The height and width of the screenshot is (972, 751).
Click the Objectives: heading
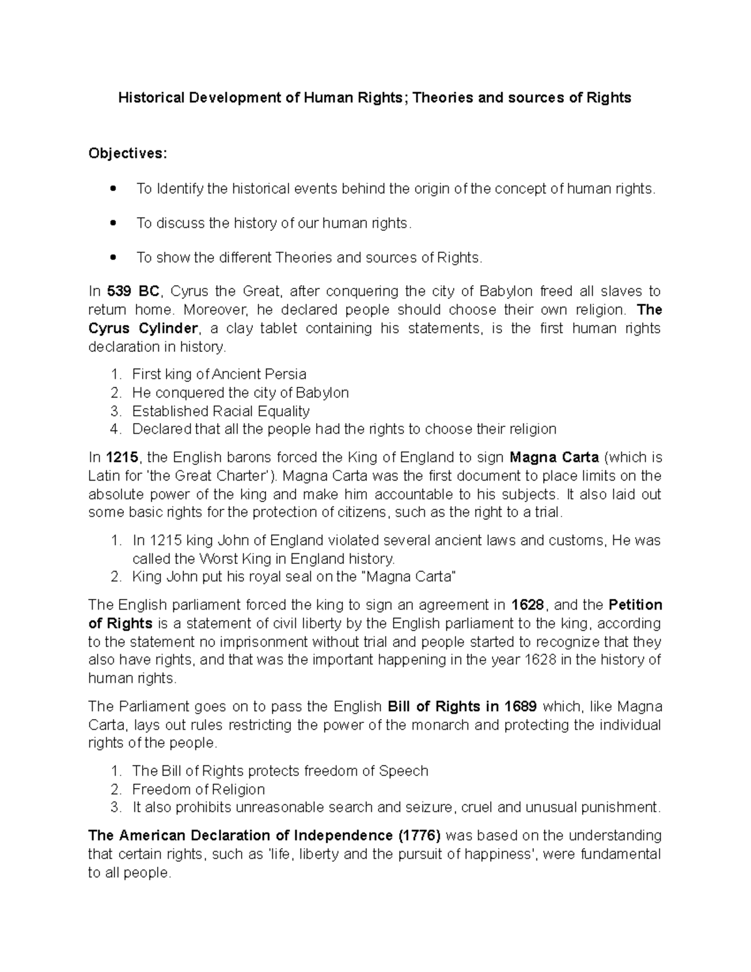128,153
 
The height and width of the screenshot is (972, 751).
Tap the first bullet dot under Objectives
113,188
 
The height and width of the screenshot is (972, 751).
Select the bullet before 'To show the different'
113,257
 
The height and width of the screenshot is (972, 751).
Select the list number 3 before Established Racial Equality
115,411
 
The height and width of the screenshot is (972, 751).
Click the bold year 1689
514,707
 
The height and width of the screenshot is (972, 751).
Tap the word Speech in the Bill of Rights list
404,771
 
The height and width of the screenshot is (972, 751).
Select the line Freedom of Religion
198,789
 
